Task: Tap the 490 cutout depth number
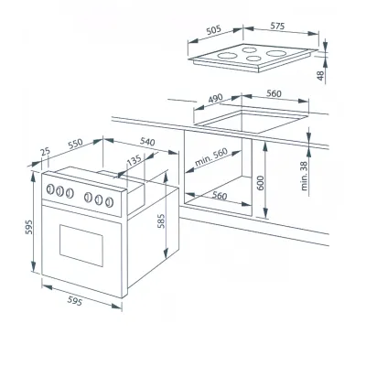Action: pyautogui.click(x=216, y=98)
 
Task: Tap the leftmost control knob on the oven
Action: pyautogui.click(x=49, y=190)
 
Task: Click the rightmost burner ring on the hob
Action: pyautogui.click(x=278, y=55)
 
